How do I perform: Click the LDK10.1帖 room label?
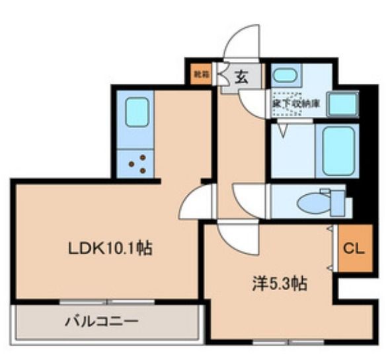tap(112, 248)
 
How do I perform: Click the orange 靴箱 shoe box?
tap(199, 74)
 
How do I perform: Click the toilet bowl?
tap(313, 203)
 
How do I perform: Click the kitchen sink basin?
tap(137, 111)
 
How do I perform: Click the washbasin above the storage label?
tap(285, 74)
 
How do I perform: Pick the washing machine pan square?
tap(344, 102)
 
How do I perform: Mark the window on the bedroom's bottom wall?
tap(288, 342)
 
